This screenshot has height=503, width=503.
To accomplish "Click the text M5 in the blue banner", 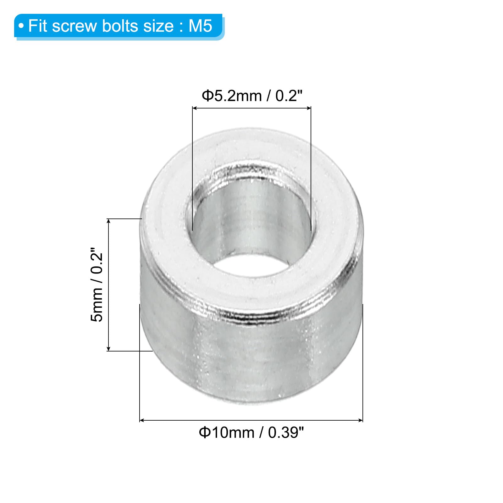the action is [x=201, y=26].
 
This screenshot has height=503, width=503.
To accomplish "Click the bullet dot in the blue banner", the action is [x=21, y=26].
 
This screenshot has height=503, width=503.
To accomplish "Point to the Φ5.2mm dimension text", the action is [x=232, y=96].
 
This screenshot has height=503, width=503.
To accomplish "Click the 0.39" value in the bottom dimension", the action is [x=286, y=433].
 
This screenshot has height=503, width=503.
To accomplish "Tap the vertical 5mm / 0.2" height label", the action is [x=97, y=285].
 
